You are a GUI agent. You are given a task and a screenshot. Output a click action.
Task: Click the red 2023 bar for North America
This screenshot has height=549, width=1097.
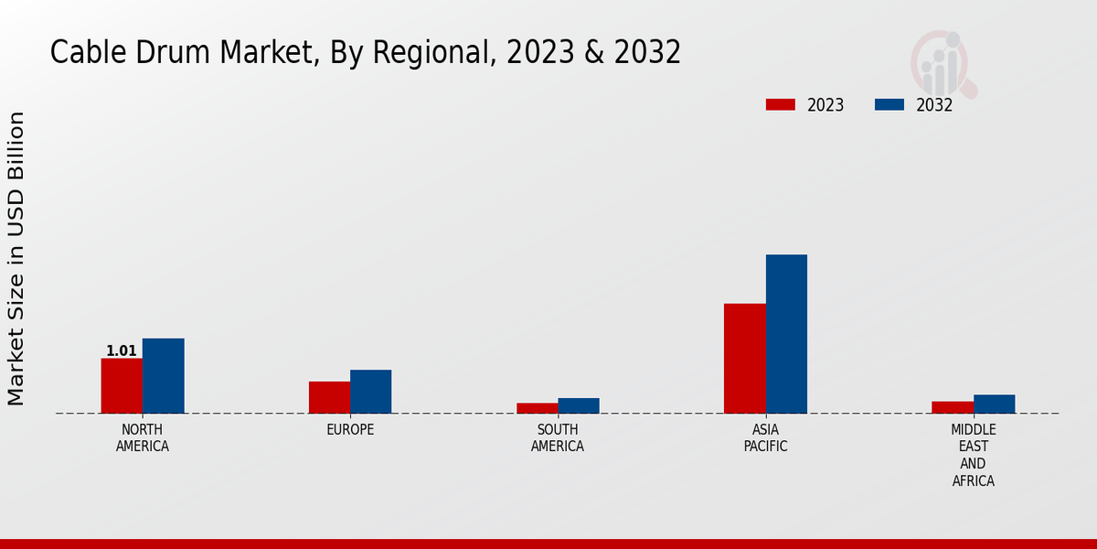pos(122,385)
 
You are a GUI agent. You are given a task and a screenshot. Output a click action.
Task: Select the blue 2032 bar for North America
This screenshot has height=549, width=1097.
pos(163,375)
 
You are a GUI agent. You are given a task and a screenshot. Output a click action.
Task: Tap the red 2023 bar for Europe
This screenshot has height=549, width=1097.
pos(329,397)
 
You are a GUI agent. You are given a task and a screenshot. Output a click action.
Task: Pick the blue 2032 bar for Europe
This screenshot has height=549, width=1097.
pos(370,392)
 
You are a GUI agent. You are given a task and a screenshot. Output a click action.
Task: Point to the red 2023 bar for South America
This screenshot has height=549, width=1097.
pos(537,408)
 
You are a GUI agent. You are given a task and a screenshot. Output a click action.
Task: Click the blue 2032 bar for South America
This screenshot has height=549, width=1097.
pos(579,405)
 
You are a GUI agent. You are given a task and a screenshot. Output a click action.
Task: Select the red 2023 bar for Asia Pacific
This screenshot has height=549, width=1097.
pos(744,358)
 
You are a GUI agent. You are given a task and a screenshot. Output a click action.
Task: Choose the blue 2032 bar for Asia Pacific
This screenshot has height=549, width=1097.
pos(786,333)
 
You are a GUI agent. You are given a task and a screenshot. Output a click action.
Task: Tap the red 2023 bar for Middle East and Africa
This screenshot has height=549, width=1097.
pos(953,407)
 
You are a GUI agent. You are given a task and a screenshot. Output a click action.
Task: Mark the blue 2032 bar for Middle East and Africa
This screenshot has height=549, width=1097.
pos(994,404)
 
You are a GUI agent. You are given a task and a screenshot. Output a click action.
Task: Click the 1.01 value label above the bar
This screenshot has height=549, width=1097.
pos(122,350)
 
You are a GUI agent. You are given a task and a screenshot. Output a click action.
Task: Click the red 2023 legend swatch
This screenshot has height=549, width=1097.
pos(781,104)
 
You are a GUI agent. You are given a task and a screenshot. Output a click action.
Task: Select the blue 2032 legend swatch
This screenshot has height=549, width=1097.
pos(889,104)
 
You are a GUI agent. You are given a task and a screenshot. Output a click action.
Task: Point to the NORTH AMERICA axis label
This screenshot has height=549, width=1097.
pos(143,438)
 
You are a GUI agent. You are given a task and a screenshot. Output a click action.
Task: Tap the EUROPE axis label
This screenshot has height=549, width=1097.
pos(350,430)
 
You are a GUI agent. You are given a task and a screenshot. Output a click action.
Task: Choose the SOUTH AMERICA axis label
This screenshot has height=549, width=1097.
pos(558,438)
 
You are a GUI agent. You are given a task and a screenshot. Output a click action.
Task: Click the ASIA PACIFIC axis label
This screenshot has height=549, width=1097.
pos(765,438)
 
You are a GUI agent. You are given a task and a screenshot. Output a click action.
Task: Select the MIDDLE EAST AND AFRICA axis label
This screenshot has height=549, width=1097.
pos(973,455)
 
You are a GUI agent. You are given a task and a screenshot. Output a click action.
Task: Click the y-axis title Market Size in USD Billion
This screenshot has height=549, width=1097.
pos(16,258)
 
